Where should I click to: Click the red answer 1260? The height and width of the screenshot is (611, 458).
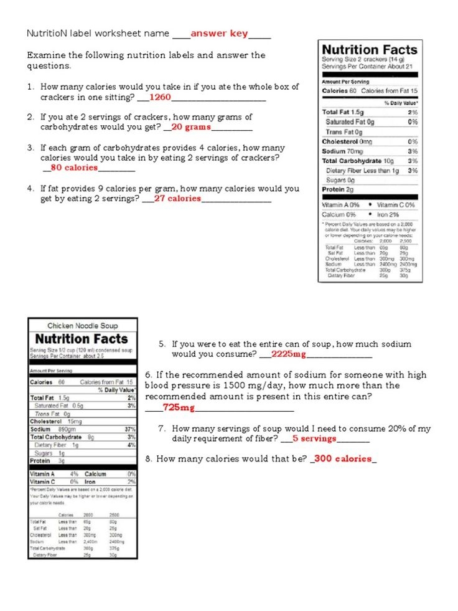(x=160, y=97)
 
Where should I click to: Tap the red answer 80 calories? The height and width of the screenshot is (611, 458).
(x=74, y=168)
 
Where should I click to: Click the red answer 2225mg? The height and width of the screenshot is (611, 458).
(x=289, y=354)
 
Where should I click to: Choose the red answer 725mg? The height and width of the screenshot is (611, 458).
(x=179, y=407)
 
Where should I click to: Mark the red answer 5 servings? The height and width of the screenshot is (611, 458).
(x=314, y=438)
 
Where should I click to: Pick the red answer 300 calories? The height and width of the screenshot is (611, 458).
(x=344, y=459)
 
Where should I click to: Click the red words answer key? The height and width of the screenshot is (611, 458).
(x=219, y=34)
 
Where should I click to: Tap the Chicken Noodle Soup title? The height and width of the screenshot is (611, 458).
(x=83, y=326)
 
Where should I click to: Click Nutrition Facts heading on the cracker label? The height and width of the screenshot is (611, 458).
(x=369, y=50)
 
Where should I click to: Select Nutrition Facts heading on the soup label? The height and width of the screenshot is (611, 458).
(x=82, y=339)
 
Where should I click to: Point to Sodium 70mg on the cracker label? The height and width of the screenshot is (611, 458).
(x=342, y=151)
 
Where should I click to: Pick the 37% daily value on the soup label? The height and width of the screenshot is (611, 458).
(x=130, y=429)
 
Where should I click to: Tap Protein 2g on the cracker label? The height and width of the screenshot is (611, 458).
(x=337, y=189)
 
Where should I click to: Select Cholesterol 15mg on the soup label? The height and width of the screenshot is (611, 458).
(x=52, y=421)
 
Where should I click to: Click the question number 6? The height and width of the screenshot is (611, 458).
(x=148, y=375)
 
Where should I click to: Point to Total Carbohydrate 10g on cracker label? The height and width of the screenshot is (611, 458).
(x=358, y=161)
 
